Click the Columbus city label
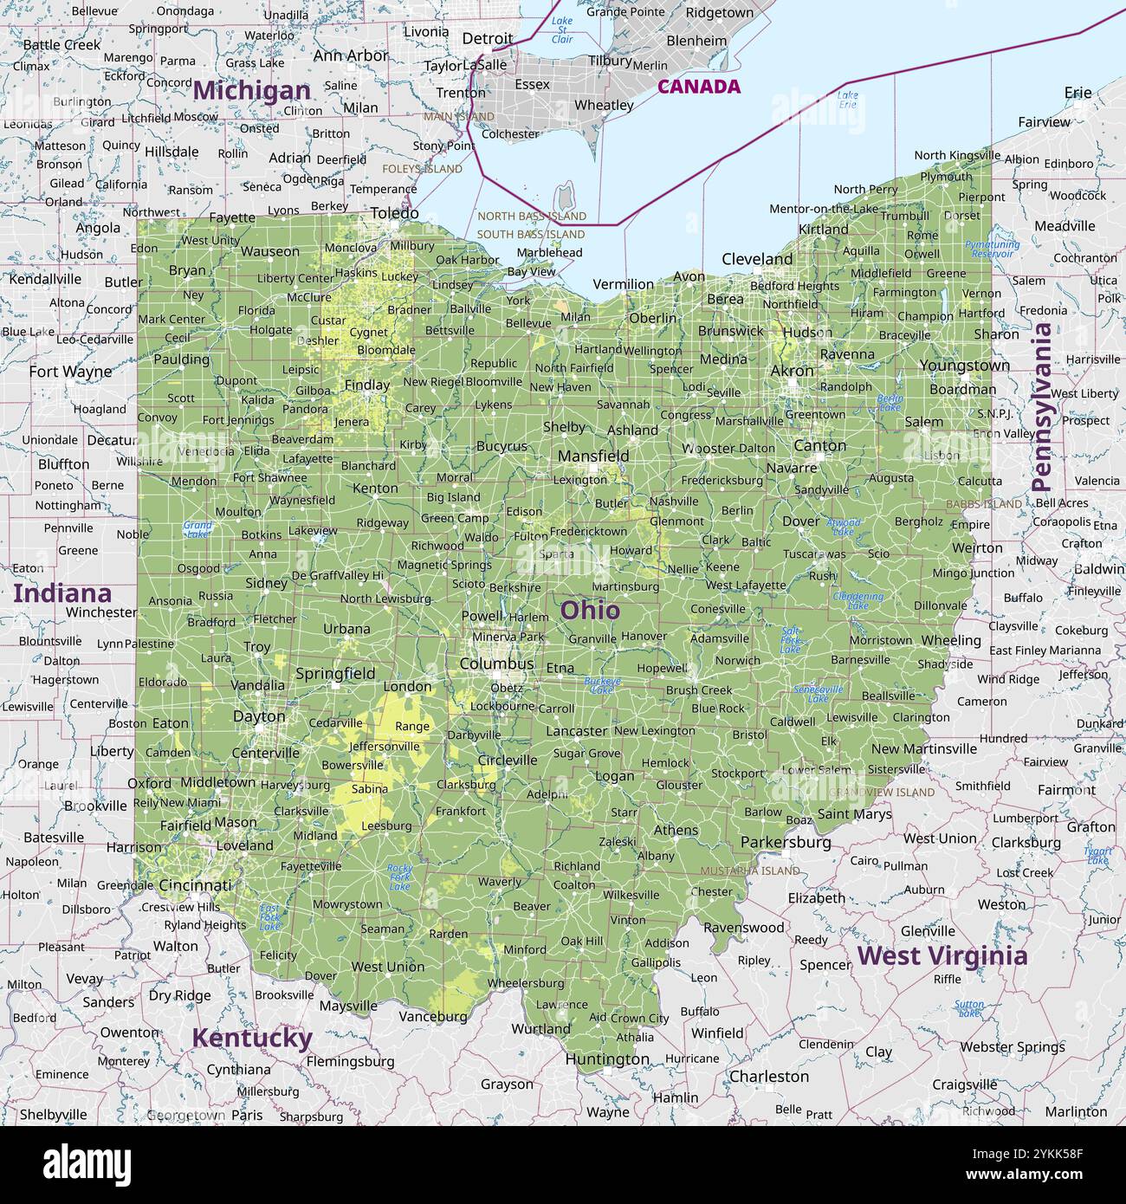496,663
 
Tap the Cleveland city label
757,259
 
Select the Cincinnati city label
195,885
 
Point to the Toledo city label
394,213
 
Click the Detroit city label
487,39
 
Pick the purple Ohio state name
590,610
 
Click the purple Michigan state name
251,90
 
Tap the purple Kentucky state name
251,1038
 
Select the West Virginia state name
942,955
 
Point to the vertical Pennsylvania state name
1042,407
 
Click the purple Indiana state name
62,593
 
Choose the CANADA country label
698,87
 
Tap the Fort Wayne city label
70,372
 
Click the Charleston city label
768,1077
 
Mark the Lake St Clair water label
562,30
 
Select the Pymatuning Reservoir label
992,249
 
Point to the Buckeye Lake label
602,685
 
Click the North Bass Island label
532,216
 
